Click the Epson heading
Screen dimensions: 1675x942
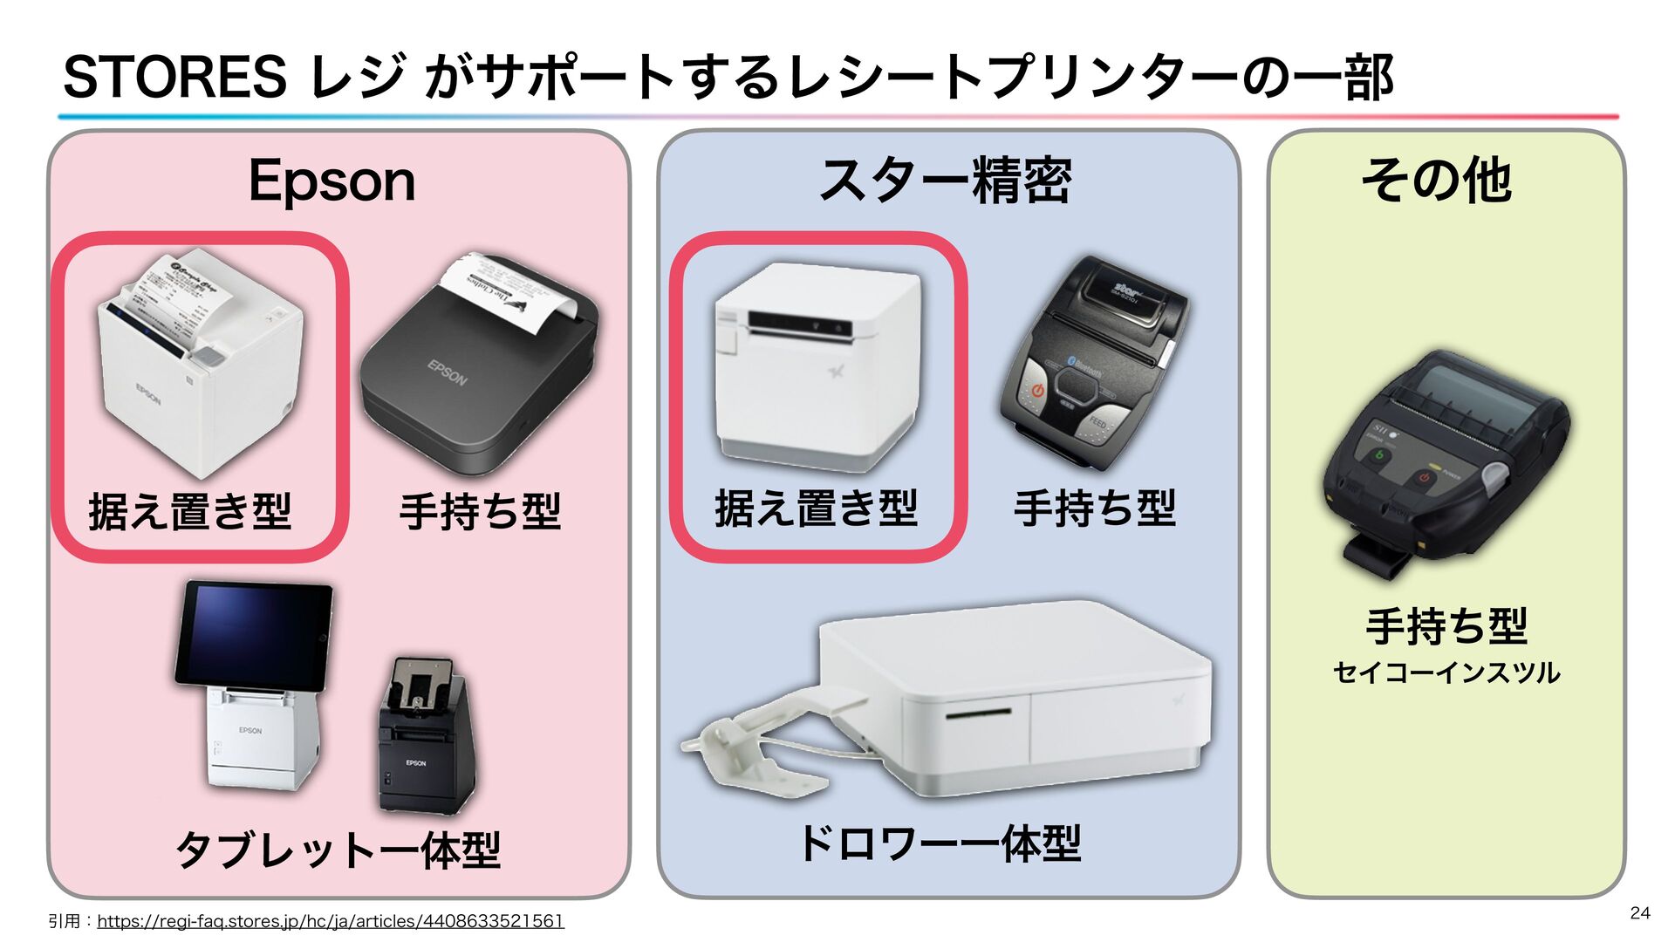pyautogui.click(x=332, y=181)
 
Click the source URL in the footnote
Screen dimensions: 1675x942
pyautogui.click(x=331, y=921)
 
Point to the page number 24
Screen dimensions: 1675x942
pyautogui.click(x=1639, y=912)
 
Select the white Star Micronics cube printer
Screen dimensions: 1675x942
pyautogui.click(x=818, y=366)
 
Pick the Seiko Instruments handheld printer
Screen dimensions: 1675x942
pyautogui.click(x=1444, y=462)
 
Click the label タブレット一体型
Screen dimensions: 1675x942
pyautogui.click(x=338, y=849)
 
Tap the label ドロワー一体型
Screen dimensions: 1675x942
pyautogui.click(x=940, y=843)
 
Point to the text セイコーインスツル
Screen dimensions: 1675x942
pyautogui.click(x=1446, y=672)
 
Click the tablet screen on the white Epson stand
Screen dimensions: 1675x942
pyautogui.click(x=255, y=634)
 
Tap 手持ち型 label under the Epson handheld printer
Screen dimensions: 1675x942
pyautogui.click(x=480, y=511)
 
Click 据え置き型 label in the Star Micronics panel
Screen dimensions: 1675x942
pyautogui.click(x=817, y=509)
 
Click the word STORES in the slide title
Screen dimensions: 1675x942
pyautogui.click(x=174, y=77)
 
